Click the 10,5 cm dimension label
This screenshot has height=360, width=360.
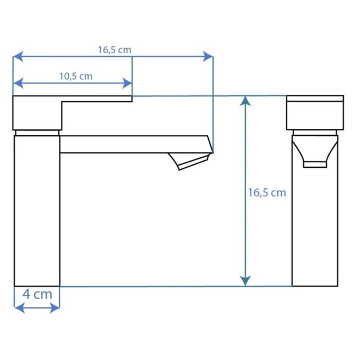click(x=75, y=76)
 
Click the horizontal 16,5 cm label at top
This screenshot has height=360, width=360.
click(x=115, y=49)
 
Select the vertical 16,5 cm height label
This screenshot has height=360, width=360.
click(x=266, y=193)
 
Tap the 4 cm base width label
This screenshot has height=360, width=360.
click(x=37, y=294)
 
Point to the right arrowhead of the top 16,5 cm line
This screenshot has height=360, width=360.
click(x=209, y=56)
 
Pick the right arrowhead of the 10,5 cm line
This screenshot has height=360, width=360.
click(x=128, y=83)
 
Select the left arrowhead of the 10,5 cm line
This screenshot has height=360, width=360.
click(x=17, y=83)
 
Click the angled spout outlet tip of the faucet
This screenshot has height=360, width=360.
click(x=192, y=162)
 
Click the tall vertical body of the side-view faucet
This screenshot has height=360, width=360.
click(x=36, y=210)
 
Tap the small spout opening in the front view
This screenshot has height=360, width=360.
click(x=315, y=163)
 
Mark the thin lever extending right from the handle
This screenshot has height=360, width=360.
click(x=97, y=99)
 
